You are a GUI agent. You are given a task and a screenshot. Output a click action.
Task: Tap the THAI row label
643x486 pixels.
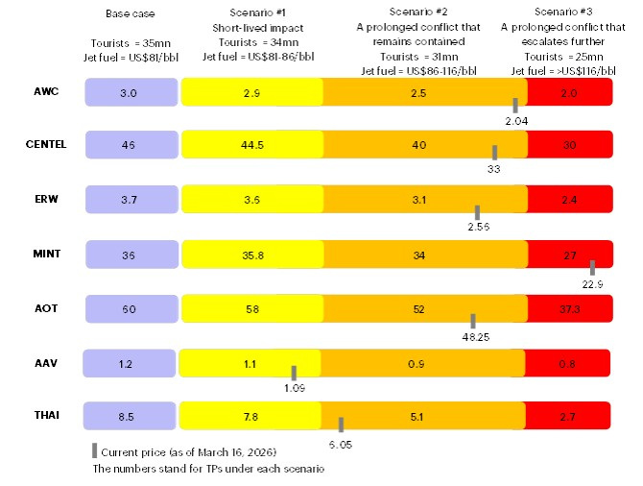click(45, 415)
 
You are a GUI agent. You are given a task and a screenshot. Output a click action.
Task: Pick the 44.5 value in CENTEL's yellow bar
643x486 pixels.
click(250, 145)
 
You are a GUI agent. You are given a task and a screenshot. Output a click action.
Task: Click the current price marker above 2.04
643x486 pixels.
click(515, 106)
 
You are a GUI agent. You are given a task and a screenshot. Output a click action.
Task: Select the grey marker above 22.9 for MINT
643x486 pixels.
click(592, 268)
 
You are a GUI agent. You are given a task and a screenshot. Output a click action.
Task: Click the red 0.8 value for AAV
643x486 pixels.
click(568, 362)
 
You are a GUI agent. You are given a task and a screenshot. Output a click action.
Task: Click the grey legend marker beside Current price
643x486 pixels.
click(94, 450)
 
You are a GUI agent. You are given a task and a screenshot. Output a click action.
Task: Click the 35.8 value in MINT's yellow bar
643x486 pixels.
click(250, 254)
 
